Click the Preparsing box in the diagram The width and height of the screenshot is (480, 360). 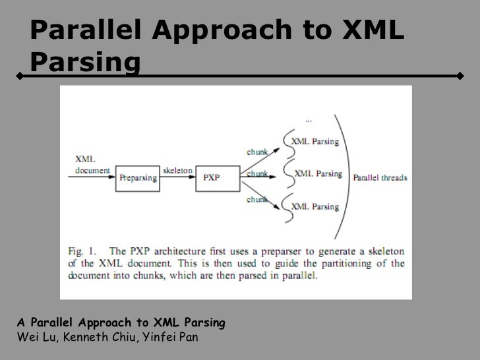137,177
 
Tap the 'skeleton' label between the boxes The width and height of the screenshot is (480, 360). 177,170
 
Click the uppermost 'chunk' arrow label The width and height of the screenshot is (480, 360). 257,151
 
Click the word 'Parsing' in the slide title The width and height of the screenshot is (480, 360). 85,62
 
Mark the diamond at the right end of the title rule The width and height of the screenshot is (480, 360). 460,76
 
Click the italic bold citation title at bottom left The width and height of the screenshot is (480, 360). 122,324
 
